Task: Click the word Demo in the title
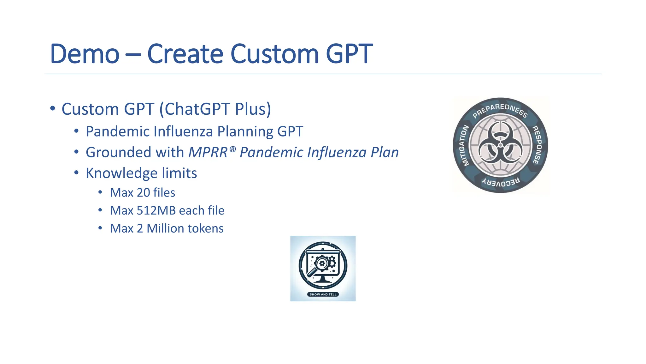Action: [x=85, y=54]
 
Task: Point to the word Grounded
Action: [x=119, y=153]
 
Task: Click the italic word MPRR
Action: [x=208, y=153]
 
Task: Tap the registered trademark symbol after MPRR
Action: [x=232, y=149]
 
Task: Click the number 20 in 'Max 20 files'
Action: [x=143, y=193]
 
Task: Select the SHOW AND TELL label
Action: [x=323, y=294]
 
